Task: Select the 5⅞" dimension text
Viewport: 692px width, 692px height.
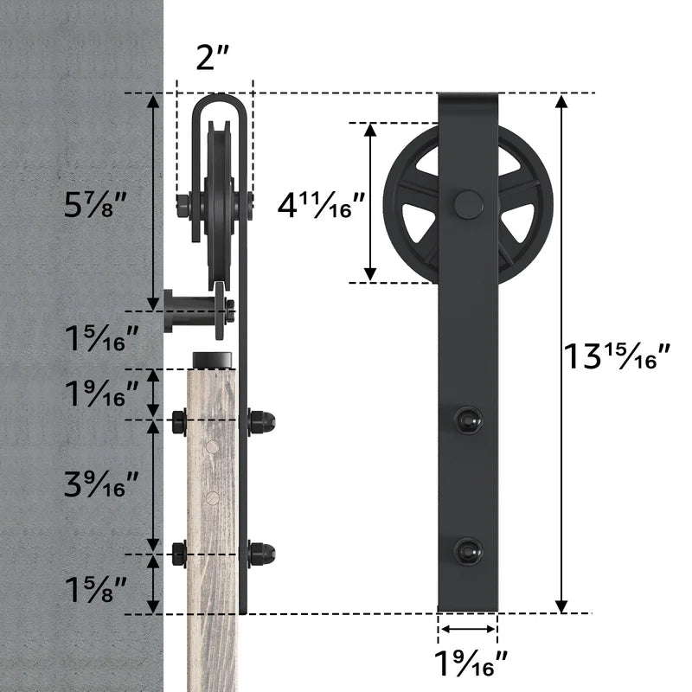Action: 96,205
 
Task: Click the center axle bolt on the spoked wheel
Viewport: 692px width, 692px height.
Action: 468,204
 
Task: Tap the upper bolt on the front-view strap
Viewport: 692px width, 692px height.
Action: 468,419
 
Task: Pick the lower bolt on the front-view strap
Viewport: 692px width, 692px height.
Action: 468,550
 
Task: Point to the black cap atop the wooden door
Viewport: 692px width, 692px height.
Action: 212,358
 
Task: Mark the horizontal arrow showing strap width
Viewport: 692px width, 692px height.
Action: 467,630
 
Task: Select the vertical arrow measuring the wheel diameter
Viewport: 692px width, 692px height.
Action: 370,202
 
